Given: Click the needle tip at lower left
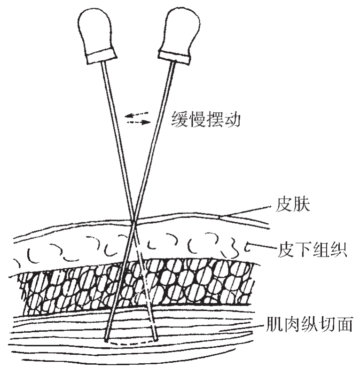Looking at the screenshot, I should (107, 338).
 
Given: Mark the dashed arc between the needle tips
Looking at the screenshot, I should (132, 343).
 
